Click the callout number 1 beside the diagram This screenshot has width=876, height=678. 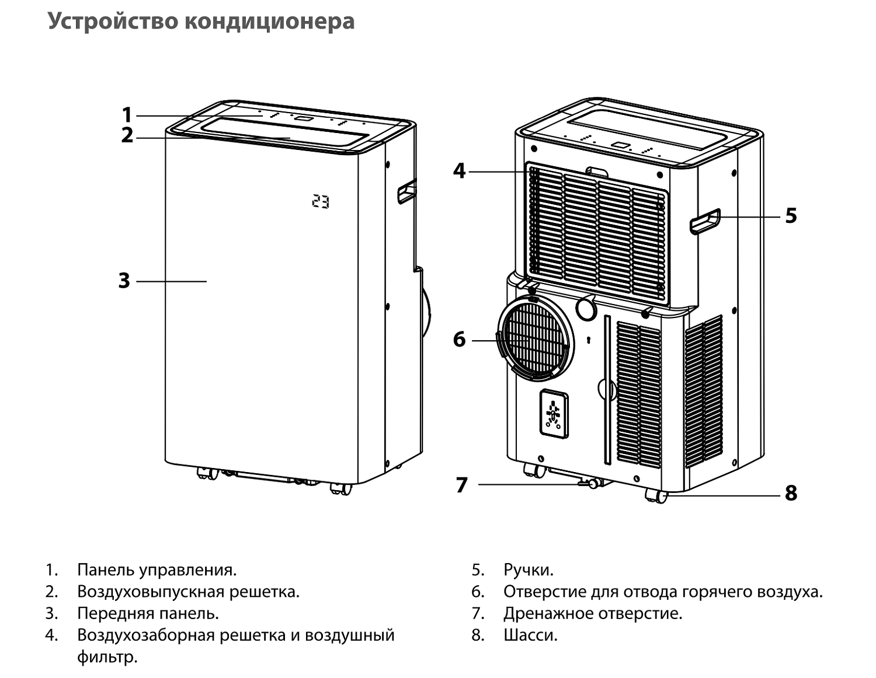click(127, 114)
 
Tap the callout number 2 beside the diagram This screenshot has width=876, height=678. click(127, 135)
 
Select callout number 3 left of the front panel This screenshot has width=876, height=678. click(124, 281)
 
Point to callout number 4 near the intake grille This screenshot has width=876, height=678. click(460, 171)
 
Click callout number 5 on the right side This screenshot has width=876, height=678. click(790, 216)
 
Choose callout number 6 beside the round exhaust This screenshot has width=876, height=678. click(460, 339)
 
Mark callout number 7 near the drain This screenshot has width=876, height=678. click(461, 485)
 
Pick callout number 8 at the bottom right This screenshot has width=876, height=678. click(791, 494)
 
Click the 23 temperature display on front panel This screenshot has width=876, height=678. click(320, 201)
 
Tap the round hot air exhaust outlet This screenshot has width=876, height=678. click(535, 338)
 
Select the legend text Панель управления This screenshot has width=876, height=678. click(157, 569)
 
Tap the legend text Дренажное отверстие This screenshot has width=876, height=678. click(592, 613)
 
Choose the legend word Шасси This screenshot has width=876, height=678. click(530, 635)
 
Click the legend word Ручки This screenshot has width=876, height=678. click(528, 569)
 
